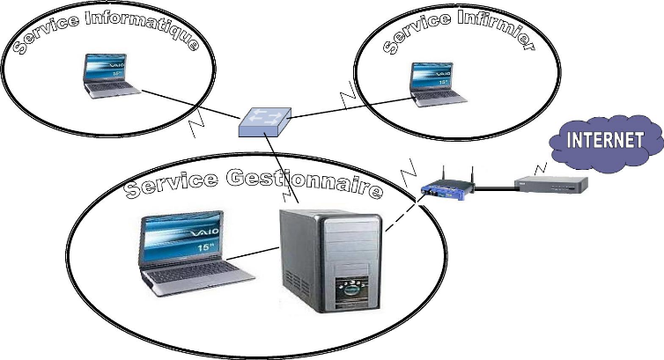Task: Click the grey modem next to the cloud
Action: coord(551,183)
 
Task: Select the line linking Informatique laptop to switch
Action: coord(189,104)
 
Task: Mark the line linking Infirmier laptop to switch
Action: coord(352,107)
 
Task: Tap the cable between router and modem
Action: coord(495,187)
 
